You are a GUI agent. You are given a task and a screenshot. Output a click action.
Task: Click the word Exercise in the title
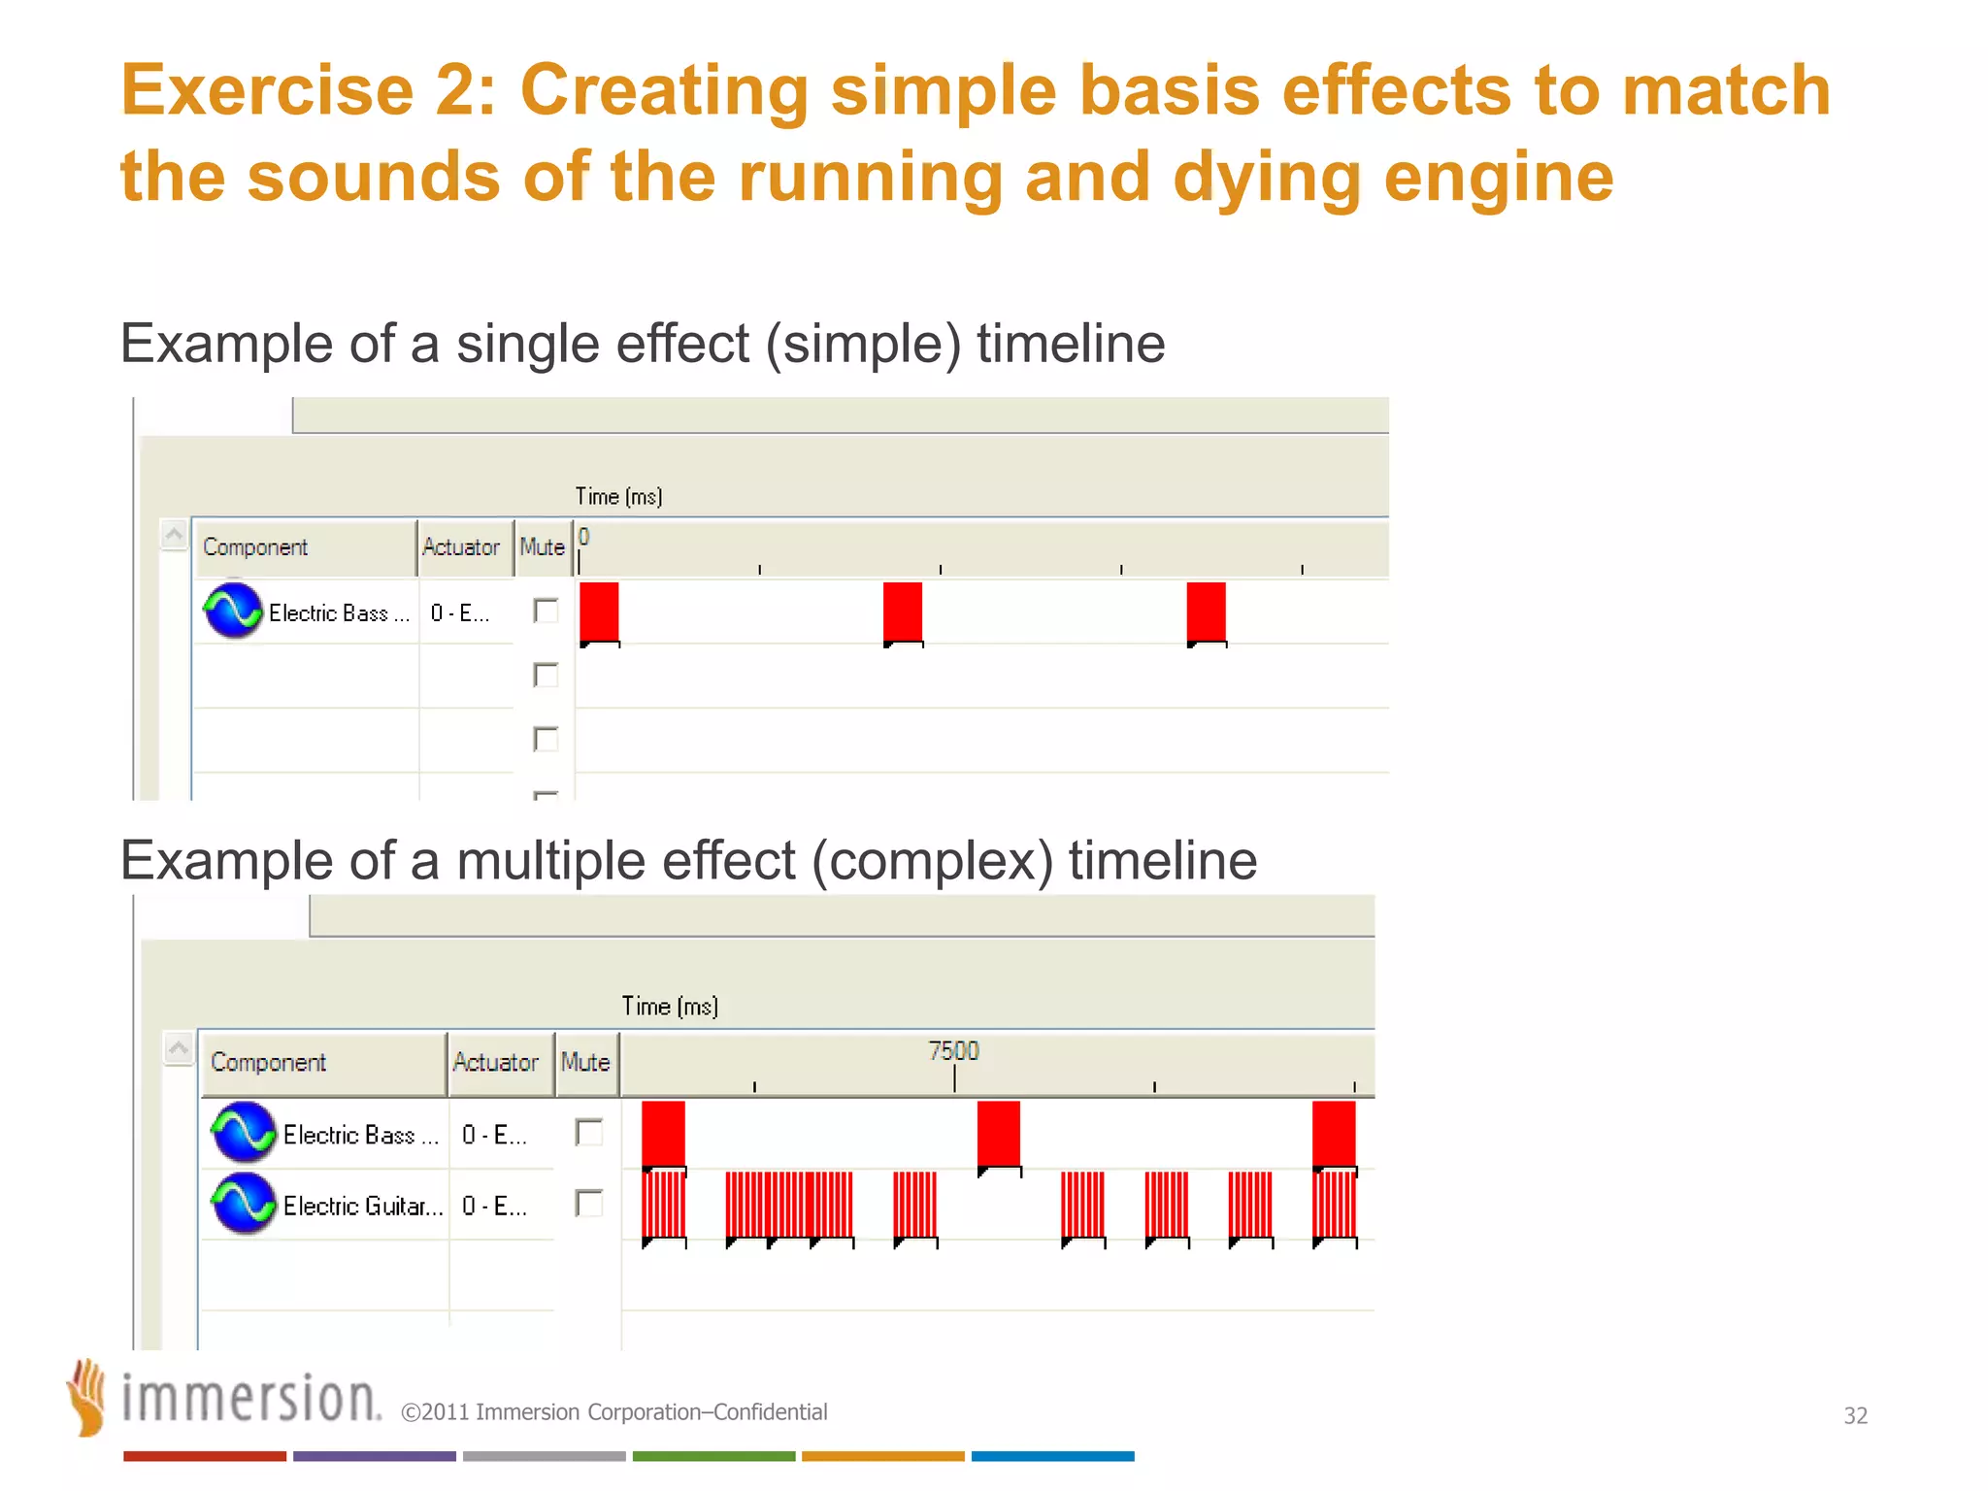tap(267, 90)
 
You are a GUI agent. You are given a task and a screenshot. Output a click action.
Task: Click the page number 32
tap(1855, 1415)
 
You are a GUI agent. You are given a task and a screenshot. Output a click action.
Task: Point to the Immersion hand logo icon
tap(87, 1397)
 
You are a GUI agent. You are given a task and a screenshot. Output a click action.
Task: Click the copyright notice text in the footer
tap(613, 1412)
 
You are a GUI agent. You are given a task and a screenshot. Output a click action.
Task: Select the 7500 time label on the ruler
tap(953, 1051)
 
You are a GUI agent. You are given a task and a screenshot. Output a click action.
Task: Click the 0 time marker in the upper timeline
tap(583, 538)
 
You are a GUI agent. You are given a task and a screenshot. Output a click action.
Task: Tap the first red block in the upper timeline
tap(599, 612)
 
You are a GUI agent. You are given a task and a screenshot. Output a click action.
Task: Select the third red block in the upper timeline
tap(1206, 612)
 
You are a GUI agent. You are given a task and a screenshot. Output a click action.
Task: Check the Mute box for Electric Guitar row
tap(588, 1204)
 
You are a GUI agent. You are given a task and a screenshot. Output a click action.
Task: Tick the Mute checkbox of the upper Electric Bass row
tap(546, 611)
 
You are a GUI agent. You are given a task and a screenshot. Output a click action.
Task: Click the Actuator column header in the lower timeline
tap(495, 1063)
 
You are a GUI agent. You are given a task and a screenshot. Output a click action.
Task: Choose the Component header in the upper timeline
tap(255, 547)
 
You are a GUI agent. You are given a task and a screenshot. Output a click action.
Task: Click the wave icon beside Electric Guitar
tap(244, 1204)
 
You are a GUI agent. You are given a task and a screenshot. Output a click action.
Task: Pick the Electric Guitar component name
tap(362, 1207)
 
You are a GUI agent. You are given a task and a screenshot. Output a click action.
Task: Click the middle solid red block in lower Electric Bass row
tap(998, 1133)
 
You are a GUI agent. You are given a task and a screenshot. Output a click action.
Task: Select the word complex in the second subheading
tap(932, 861)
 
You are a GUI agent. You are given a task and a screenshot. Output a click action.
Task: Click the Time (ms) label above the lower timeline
tap(670, 1007)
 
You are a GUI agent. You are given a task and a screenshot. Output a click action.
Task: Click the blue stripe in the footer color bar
tap(1052, 1456)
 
